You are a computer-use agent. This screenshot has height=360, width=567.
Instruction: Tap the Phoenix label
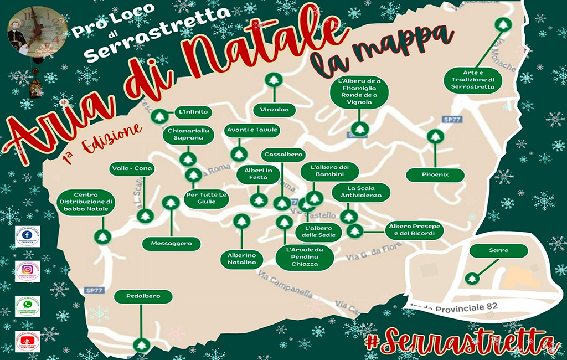[435, 175]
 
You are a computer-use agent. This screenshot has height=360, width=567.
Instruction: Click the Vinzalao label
[274, 110]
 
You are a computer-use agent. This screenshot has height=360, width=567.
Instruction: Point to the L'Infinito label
[193, 112]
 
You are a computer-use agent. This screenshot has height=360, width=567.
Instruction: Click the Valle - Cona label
[132, 169]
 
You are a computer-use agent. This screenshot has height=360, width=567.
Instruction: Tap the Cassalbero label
[283, 155]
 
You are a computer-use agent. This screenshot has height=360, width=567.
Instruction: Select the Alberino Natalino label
[241, 259]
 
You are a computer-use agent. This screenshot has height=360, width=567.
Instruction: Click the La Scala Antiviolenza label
[361, 192]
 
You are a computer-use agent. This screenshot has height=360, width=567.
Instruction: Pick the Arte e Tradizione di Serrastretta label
[476, 80]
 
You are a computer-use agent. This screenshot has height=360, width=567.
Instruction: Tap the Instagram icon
[27, 270]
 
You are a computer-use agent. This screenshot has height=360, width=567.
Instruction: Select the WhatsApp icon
[27, 305]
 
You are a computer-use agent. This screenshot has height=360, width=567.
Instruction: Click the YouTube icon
[27, 340]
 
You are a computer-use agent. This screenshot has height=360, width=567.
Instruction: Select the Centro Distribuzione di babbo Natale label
[86, 203]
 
